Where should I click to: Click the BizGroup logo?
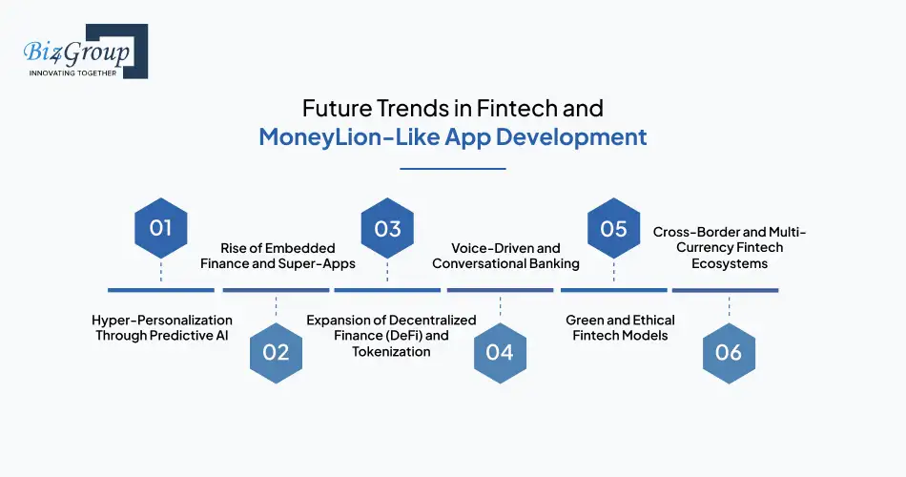tap(81, 52)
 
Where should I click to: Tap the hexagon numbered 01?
tap(160, 228)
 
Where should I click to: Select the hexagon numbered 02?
tap(276, 352)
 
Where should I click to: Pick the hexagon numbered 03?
tap(387, 228)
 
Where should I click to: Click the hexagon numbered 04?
tap(500, 352)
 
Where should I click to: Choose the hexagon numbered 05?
tap(613, 228)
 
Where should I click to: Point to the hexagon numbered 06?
tap(729, 352)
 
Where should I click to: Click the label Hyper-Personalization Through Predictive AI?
tap(161, 327)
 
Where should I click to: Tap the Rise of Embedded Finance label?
tap(276, 256)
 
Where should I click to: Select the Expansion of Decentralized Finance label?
tap(391, 335)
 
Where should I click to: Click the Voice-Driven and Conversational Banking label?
tap(505, 256)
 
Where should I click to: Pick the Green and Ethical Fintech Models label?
tap(620, 327)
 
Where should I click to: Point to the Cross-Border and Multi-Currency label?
tap(730, 247)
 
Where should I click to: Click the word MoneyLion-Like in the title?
tap(344, 136)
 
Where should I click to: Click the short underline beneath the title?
tap(452, 168)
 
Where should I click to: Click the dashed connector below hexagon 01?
tap(160, 273)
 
